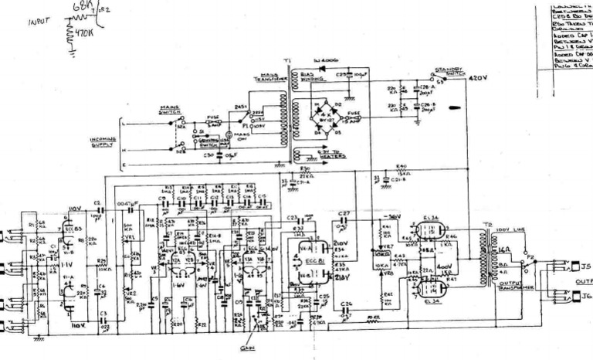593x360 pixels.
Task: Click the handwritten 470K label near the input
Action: (83, 35)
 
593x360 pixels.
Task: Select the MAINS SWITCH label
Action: (170, 110)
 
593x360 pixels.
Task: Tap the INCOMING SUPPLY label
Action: (103, 141)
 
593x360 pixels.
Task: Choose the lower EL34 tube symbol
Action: (429, 288)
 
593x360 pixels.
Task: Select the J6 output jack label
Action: (586, 296)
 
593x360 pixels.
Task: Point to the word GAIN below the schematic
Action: (251, 349)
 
